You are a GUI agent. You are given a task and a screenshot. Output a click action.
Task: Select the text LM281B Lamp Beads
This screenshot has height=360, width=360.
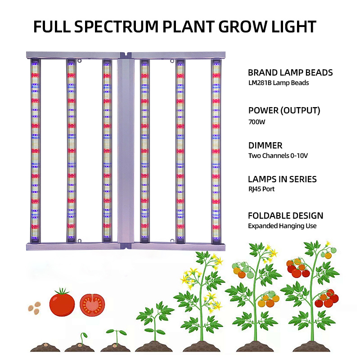pyautogui.click(x=279, y=83)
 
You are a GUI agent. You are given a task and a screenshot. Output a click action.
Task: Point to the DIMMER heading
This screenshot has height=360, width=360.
pyautogui.click(x=265, y=145)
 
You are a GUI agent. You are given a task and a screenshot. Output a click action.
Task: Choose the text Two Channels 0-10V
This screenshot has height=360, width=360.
pyautogui.click(x=278, y=156)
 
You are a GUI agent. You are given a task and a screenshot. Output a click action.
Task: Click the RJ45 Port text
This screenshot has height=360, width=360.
pyautogui.click(x=261, y=189)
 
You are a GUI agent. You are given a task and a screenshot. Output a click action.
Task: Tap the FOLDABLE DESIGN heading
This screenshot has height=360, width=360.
pyautogui.click(x=286, y=216)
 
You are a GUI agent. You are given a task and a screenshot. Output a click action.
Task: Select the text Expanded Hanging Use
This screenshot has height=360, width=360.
pyautogui.click(x=282, y=226)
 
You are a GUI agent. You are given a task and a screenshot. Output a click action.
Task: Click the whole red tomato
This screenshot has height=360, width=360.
pyautogui.click(x=62, y=303)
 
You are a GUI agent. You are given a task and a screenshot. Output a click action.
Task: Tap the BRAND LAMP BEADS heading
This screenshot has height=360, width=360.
pyautogui.click(x=290, y=72)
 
